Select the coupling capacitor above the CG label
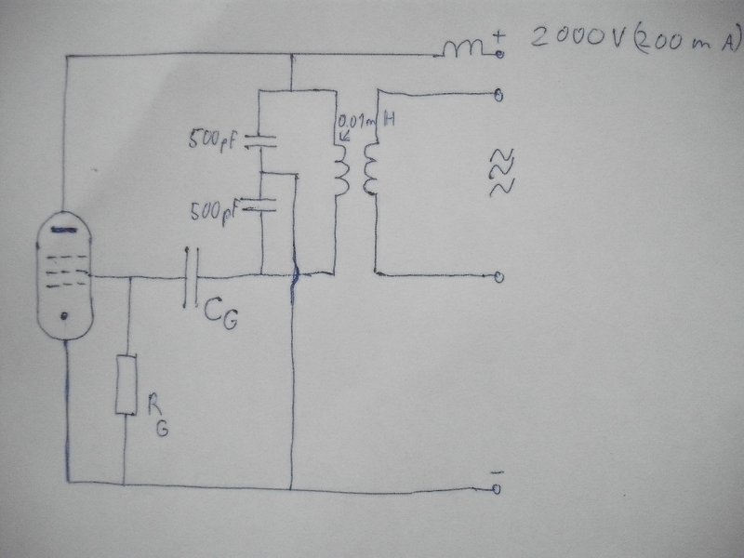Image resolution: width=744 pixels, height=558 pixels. [191, 277]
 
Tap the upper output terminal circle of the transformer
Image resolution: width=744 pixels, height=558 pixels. [500, 95]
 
